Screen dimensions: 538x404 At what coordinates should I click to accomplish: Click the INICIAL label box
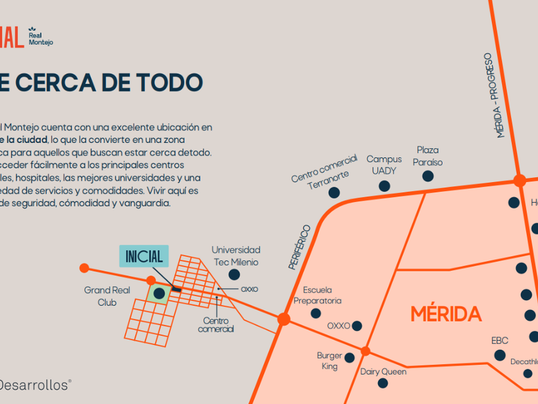point(144,256)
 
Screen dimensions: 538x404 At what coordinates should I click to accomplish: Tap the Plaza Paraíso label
point(427,156)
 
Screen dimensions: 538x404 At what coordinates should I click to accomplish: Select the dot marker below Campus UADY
point(384,186)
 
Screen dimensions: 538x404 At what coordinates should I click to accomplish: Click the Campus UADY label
point(384,165)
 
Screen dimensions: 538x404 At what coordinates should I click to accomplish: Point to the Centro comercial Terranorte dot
point(334,192)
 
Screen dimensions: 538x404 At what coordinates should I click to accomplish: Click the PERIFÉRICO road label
point(299,247)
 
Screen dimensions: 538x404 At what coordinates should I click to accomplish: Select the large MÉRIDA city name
point(446,314)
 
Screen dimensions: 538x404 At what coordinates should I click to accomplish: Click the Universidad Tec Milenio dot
point(234,274)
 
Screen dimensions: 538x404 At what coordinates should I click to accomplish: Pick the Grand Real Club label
point(107,296)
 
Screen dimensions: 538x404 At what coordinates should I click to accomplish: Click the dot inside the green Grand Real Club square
point(159,293)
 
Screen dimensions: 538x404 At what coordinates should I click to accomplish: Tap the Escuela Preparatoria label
point(318,295)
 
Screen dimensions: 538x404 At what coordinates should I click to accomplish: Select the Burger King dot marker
point(350,357)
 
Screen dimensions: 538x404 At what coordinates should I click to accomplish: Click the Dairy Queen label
point(383,371)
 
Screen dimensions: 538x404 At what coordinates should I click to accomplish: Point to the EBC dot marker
point(500,355)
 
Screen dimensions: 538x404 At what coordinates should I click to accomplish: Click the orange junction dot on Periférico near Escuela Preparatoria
point(284,319)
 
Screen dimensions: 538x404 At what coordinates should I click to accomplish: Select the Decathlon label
point(524,362)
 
